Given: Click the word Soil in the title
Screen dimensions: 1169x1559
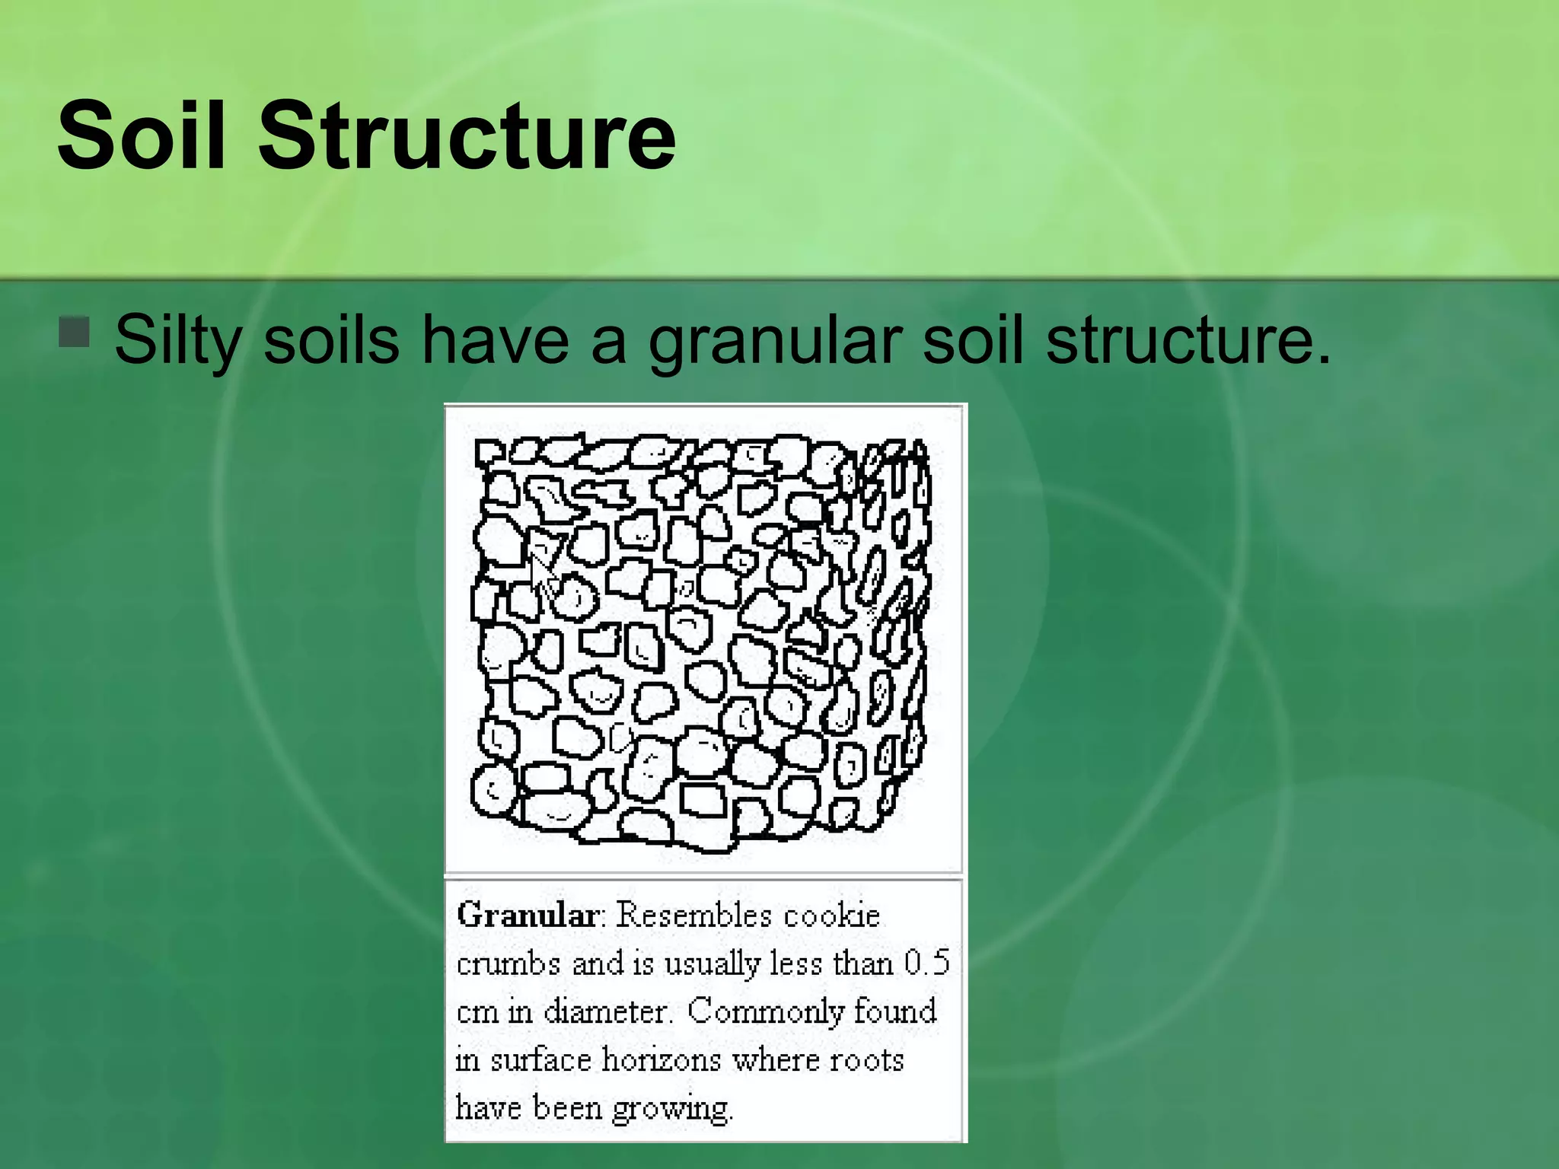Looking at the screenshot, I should point(152,135).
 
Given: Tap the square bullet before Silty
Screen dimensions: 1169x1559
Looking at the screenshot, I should point(74,333).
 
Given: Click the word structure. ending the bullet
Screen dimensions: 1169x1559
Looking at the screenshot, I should point(1188,339).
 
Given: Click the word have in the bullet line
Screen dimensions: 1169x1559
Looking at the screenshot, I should point(495,339).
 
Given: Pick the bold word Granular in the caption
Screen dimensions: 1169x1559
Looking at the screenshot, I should point(527,915).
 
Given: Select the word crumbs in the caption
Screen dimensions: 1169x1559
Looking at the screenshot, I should point(508,964).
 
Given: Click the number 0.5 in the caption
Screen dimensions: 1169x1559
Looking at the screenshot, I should point(926,964).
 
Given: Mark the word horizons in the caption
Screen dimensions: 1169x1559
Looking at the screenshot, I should point(661,1060).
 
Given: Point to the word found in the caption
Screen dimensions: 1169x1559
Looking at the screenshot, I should point(894,1012).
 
